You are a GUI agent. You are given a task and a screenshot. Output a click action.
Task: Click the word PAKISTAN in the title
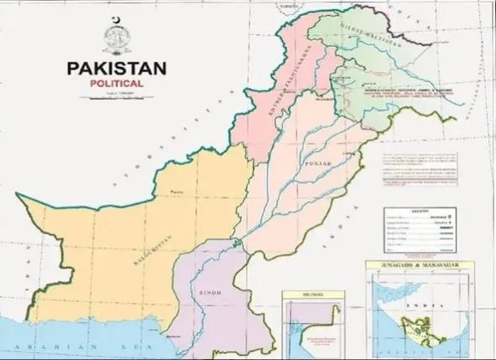(117, 68)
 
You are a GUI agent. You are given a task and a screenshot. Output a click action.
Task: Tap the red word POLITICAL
(117, 85)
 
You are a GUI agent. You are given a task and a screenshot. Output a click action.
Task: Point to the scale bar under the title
(117, 95)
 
